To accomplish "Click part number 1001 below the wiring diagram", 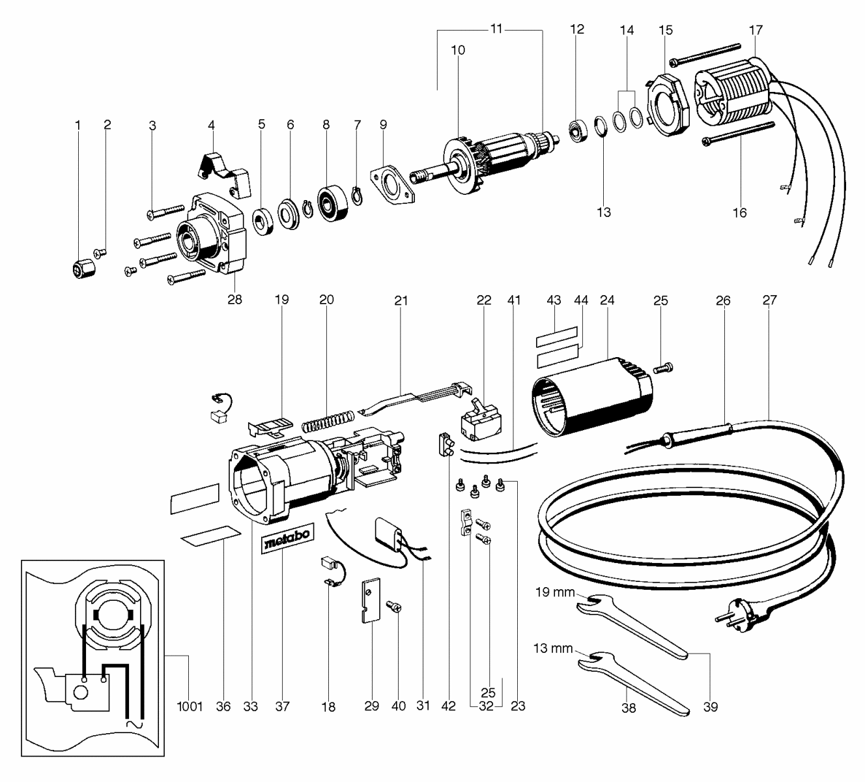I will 191,706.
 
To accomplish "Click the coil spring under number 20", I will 328,420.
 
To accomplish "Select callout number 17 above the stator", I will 756,30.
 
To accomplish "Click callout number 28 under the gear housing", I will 234,299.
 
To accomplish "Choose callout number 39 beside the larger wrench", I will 711,706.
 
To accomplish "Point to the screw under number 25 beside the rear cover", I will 661,369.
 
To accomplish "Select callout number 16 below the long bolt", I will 739,212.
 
